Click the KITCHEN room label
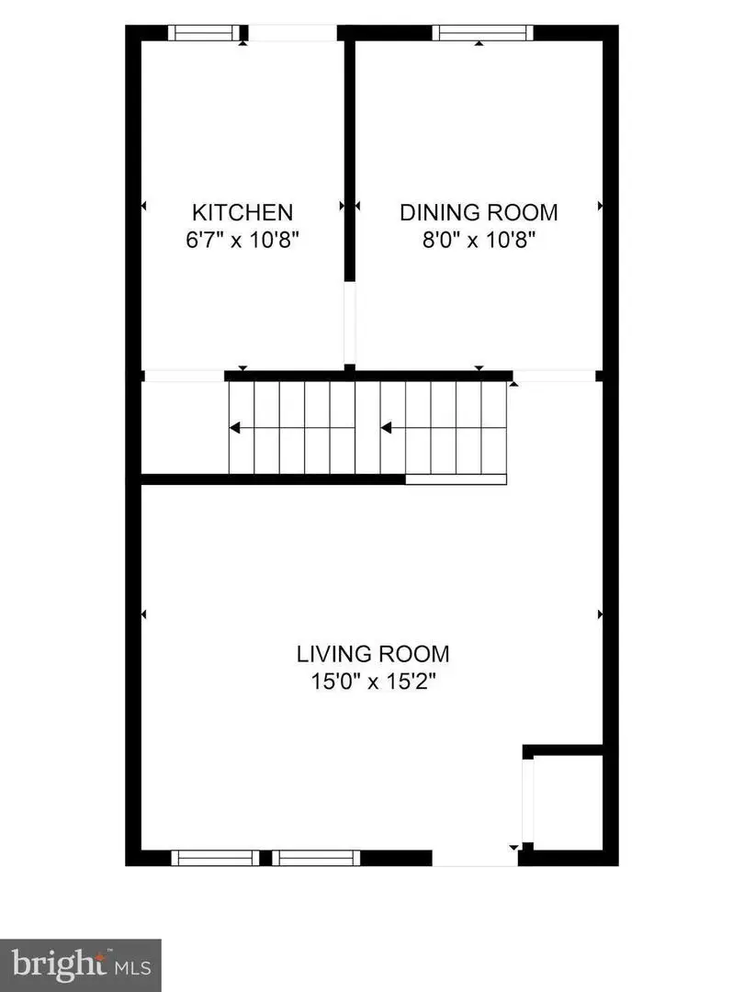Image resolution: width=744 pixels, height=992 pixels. pos(242,212)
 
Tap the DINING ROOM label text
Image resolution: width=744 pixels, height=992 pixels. pos(478,212)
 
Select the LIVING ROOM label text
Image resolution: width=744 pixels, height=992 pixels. pos(372,654)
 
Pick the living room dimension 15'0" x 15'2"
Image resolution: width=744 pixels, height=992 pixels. pos(372,682)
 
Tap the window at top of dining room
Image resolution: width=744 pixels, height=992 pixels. pos(483,33)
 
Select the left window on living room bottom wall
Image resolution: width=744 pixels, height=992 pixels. pos(216,858)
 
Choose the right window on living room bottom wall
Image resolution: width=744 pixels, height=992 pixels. pos(315,858)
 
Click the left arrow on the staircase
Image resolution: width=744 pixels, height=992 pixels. pos(237,427)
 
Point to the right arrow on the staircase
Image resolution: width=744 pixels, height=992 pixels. pos(388,427)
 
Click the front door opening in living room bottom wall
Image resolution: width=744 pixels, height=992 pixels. pos(475,858)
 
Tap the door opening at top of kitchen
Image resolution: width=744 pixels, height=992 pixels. pos(292,33)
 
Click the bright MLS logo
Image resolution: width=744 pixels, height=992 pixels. pos(81,965)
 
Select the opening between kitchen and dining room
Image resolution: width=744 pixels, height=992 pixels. pos(349,323)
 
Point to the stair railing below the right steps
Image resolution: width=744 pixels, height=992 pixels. pos(456,479)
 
